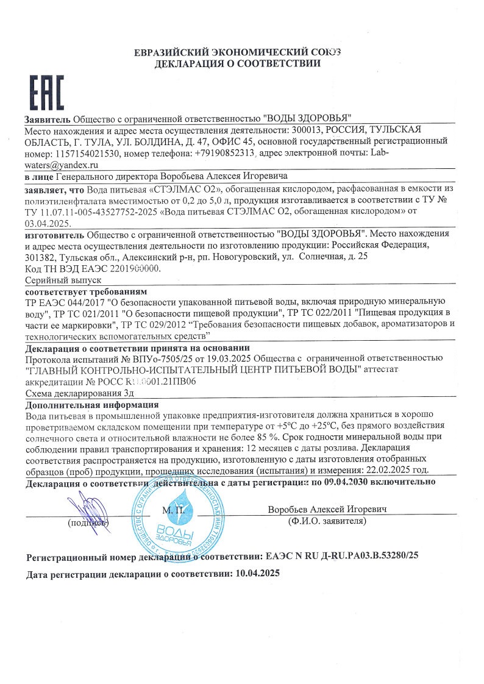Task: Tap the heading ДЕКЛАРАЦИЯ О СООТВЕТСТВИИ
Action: click(x=238, y=63)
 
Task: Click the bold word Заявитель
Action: click(x=48, y=118)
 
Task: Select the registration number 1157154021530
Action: click(x=91, y=154)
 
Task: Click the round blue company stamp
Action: click(x=174, y=522)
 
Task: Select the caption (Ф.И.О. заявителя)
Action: click(x=327, y=522)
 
